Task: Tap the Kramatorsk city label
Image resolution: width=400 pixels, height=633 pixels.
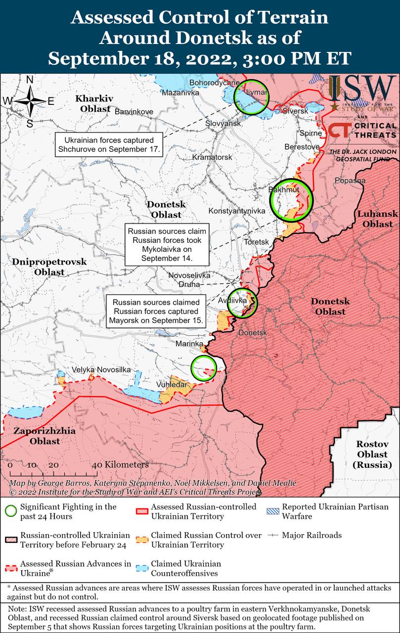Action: pos(212,157)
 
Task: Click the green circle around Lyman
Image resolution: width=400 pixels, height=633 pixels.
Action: pos(251,97)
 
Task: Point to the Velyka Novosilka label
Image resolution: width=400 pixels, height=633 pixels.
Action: pos(101,370)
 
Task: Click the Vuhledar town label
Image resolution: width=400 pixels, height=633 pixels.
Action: pos(172,384)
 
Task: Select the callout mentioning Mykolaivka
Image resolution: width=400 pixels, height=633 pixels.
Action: pos(166,245)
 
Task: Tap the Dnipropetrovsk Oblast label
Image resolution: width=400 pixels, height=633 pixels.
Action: pos(49,267)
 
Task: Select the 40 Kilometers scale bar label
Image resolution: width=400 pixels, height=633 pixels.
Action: pos(121,465)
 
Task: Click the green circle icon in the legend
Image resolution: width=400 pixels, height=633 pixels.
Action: pos(11,511)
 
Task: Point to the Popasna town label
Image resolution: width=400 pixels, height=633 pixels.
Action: pos(350,181)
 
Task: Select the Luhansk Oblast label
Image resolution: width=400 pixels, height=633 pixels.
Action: pos(377,219)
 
